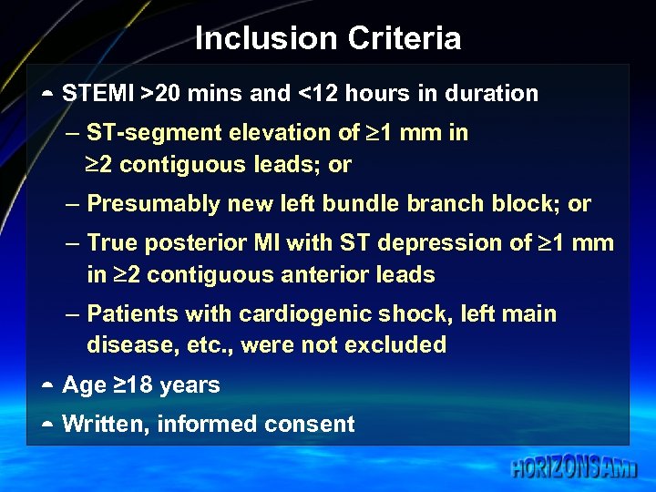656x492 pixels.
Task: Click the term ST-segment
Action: point(154,133)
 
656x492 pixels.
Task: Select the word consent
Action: point(313,424)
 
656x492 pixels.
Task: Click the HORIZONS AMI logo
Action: point(574,468)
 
